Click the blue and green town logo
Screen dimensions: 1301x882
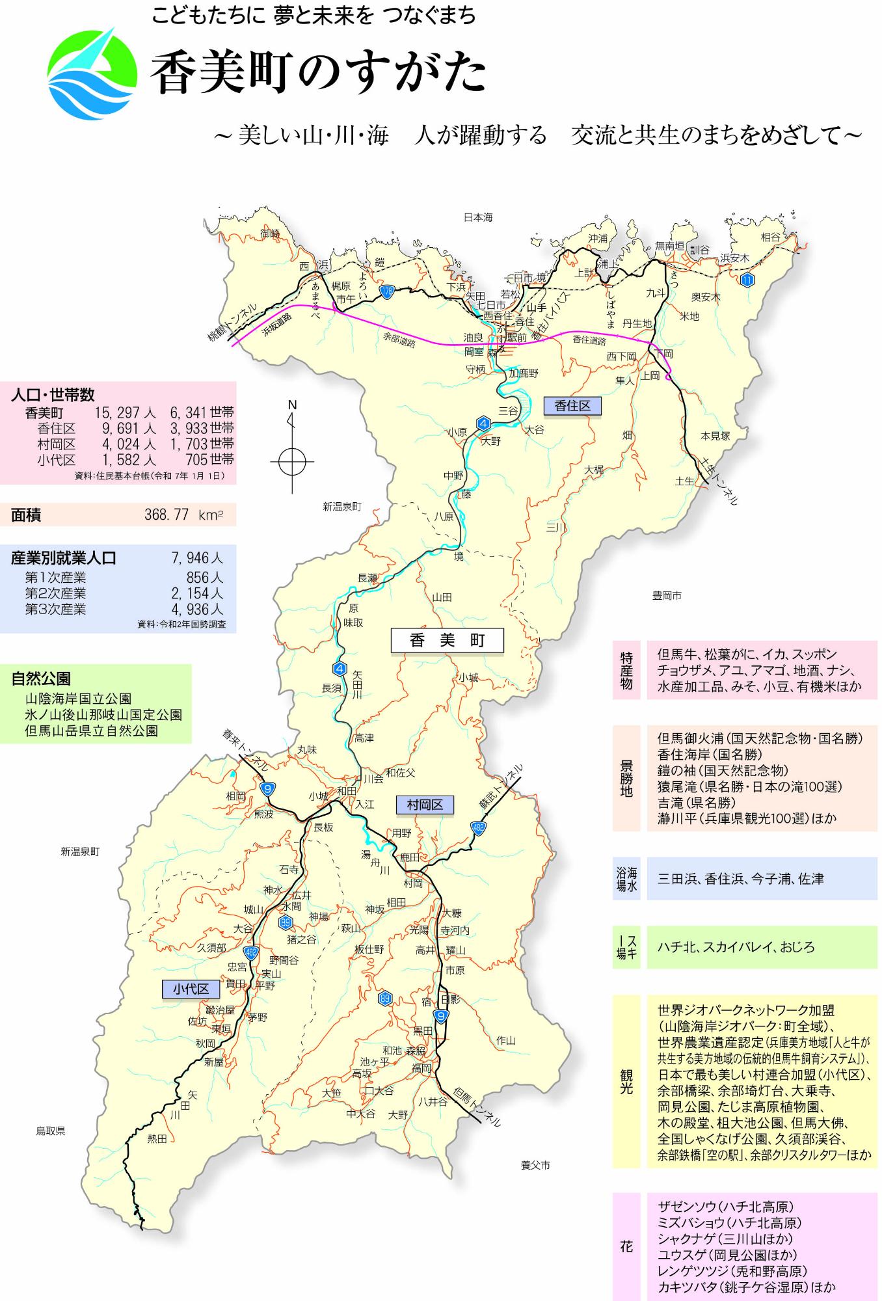(x=92, y=74)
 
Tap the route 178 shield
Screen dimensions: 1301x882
(x=387, y=292)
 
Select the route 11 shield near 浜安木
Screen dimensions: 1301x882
(x=747, y=280)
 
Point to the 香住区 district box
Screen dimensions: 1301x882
(x=572, y=406)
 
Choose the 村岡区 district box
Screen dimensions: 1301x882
(x=425, y=805)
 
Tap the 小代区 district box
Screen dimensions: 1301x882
(x=191, y=989)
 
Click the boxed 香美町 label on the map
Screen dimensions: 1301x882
(x=447, y=640)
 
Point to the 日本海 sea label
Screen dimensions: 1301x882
(x=478, y=217)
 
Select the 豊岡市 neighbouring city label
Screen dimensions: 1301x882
(x=667, y=595)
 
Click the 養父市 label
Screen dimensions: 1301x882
(x=535, y=1165)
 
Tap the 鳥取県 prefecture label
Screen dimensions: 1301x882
(x=51, y=1131)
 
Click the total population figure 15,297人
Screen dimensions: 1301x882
(x=125, y=412)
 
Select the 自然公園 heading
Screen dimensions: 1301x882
(x=41, y=679)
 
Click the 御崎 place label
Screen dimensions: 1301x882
(x=270, y=234)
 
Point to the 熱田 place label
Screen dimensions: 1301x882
(x=157, y=1138)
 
